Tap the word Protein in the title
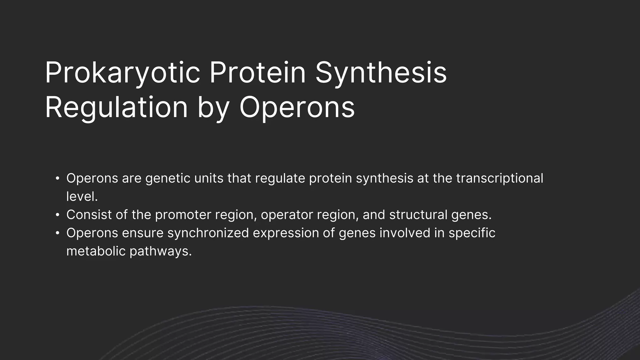257,73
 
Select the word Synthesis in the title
381,73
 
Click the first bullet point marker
57,178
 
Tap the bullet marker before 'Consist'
57,215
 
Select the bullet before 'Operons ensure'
57,233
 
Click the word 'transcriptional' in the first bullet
499,178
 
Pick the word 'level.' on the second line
82,197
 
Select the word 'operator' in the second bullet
287,215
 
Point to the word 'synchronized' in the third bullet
208,233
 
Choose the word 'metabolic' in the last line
96,251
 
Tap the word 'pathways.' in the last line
160,251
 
